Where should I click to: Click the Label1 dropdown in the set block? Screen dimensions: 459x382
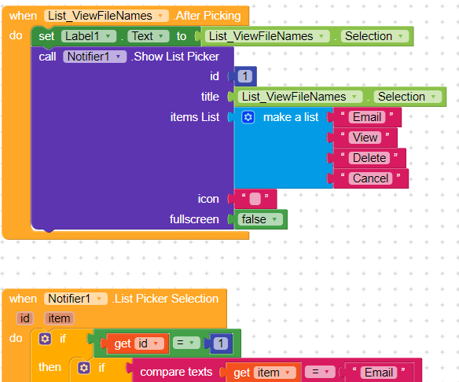pyautogui.click(x=89, y=36)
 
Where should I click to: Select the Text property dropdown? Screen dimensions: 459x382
pyautogui.click(x=149, y=36)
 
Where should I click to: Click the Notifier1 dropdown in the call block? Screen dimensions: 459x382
pyautogui.click(x=94, y=57)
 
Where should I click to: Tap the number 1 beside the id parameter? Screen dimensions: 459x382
pyautogui.click(x=245, y=76)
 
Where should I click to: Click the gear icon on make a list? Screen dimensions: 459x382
pyautogui.click(x=248, y=117)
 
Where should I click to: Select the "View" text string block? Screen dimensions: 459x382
pyautogui.click(x=365, y=138)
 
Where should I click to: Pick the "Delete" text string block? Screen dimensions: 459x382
pyautogui.click(x=369, y=158)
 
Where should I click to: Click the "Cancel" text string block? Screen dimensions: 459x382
pyautogui.click(x=370, y=178)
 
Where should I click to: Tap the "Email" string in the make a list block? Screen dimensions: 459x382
pyautogui.click(x=367, y=117)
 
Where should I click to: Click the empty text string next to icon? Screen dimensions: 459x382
pyautogui.click(x=255, y=199)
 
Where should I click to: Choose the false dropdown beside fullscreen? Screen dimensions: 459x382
pyautogui.click(x=260, y=219)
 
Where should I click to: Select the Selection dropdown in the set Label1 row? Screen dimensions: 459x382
pyautogui.click(x=375, y=36)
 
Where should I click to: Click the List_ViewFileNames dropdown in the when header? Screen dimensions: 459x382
pyautogui.click(x=106, y=16)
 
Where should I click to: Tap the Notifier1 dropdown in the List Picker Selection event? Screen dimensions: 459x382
pyautogui.click(x=75, y=299)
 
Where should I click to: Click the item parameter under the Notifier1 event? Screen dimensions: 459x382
pyautogui.click(x=59, y=318)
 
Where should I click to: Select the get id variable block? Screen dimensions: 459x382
pyautogui.click(x=138, y=343)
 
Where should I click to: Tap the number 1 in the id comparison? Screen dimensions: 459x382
pyautogui.click(x=220, y=343)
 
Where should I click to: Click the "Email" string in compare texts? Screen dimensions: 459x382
pyautogui.click(x=379, y=373)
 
